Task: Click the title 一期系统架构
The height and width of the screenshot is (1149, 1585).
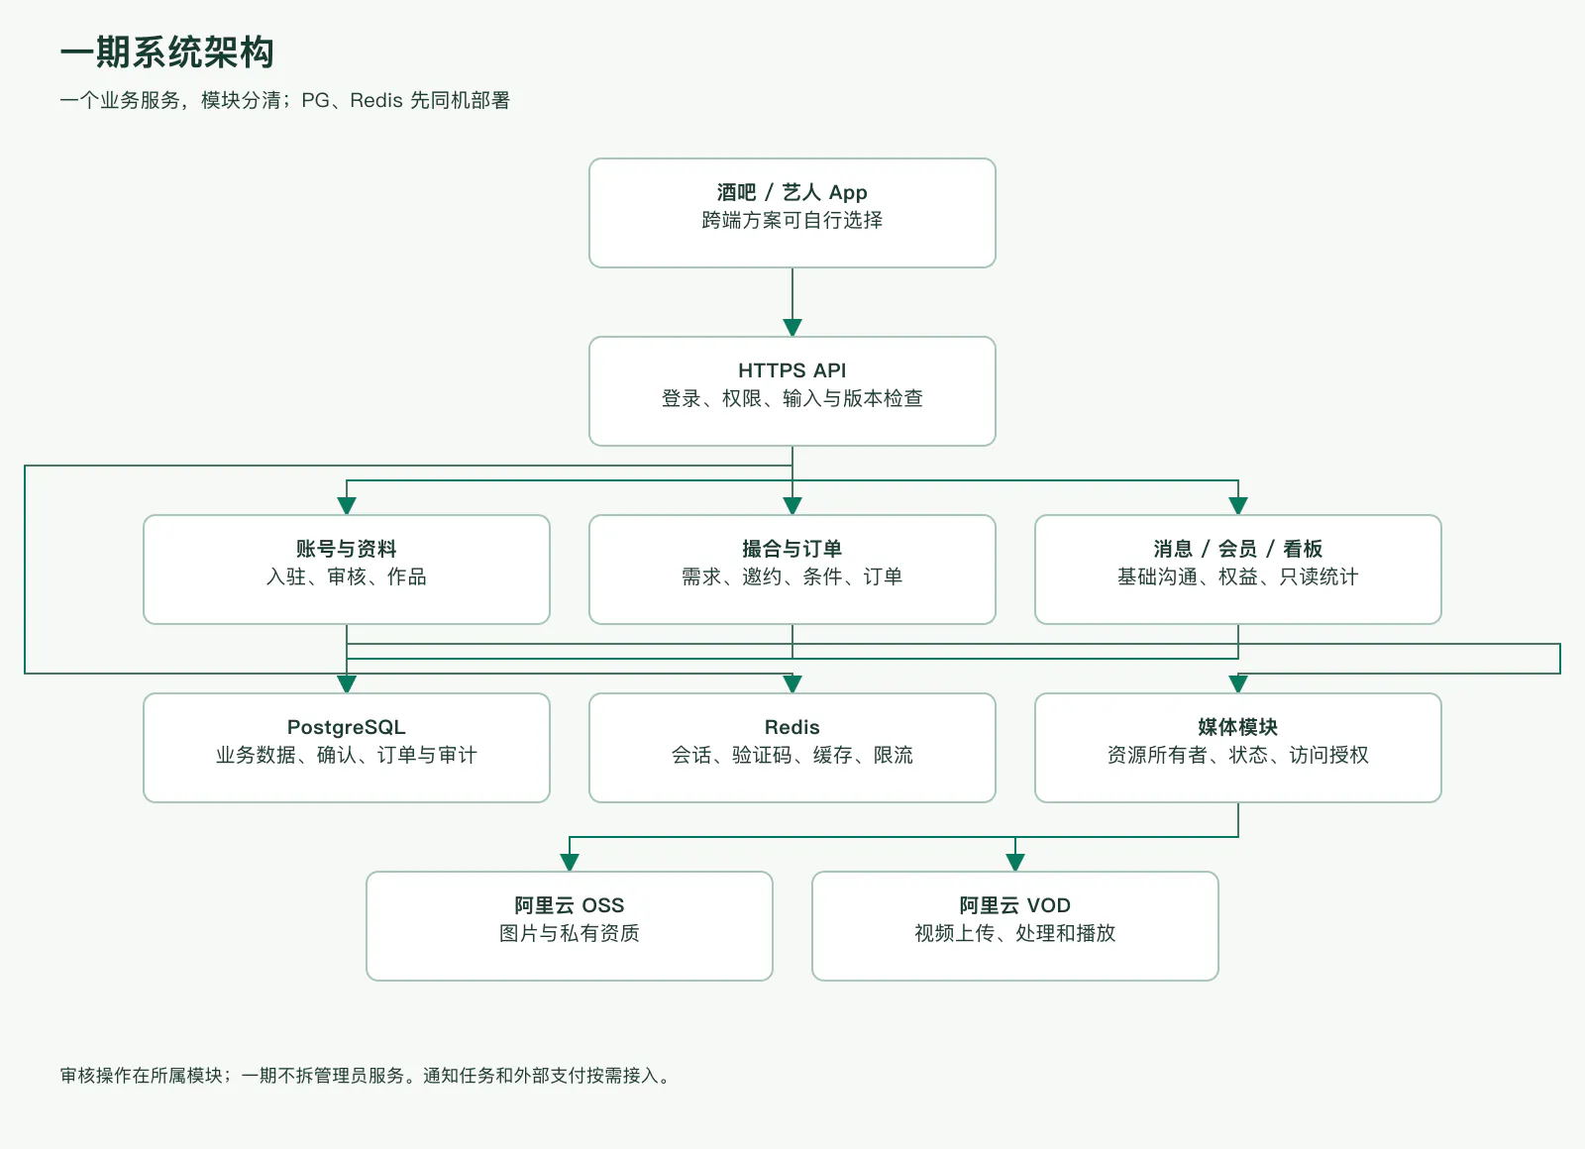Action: coord(167,52)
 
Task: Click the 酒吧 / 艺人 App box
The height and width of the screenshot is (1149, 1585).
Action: coord(792,213)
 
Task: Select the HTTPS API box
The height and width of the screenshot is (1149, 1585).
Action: coord(792,391)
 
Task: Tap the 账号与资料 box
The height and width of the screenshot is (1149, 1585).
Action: coord(346,570)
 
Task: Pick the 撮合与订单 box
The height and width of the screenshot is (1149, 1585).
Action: coord(792,570)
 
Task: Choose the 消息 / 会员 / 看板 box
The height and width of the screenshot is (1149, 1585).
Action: coord(1237,570)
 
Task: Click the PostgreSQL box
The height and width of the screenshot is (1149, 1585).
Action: coord(346,748)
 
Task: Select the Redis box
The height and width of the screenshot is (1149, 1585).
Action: coord(792,748)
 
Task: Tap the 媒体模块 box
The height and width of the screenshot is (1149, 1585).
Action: coord(1237,748)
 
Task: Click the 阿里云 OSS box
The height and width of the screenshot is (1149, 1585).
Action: coord(569,926)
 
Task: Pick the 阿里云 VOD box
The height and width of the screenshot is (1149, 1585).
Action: coord(1014,926)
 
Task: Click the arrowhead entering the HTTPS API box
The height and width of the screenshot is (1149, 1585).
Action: coord(792,328)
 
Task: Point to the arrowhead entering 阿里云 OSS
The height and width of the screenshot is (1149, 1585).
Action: coord(569,863)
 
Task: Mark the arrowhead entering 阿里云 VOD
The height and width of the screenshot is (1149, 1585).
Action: coord(1014,863)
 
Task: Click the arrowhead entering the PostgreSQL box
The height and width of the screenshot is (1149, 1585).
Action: coord(346,684)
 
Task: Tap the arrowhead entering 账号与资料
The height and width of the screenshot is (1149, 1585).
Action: coord(346,506)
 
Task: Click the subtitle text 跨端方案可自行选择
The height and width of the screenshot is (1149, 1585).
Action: coord(792,220)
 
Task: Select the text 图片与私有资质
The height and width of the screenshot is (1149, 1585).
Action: coord(569,933)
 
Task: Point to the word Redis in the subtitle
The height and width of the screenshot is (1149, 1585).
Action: coord(375,100)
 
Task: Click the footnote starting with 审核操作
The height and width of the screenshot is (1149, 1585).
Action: coord(365,1076)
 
